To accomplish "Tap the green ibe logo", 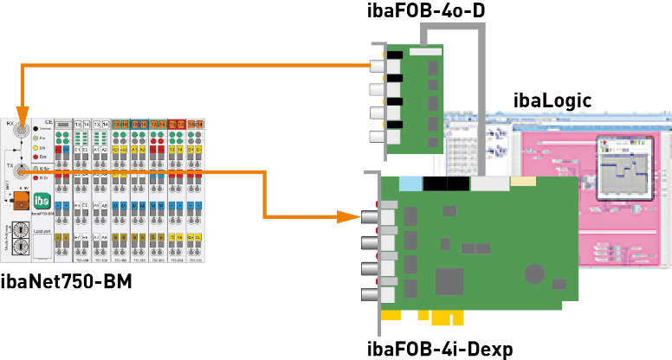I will click(42, 198).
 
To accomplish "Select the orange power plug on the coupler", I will click(20, 201).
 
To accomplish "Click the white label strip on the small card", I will click(425, 52).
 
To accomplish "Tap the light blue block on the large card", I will click(410, 183).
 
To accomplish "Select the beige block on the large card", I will click(523, 182).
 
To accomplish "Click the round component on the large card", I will click(535, 273).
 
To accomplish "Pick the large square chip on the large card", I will click(449, 281).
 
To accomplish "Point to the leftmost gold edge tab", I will click(391, 315).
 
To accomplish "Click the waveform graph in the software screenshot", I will click(621, 168).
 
